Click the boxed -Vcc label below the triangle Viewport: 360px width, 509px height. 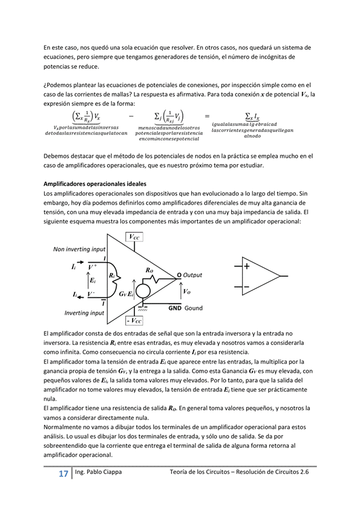[x=134, y=320]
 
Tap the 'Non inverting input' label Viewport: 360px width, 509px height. [x=79, y=249]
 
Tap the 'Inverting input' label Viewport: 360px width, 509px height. [x=84, y=313]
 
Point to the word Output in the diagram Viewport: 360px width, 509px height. [x=192, y=275]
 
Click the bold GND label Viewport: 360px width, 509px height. [x=175, y=308]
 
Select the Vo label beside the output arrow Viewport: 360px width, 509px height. [x=186, y=291]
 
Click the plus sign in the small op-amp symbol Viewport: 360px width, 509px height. [x=246, y=266]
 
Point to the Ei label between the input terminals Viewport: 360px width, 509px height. [x=92, y=281]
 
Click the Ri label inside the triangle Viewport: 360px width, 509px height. [x=113, y=275]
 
